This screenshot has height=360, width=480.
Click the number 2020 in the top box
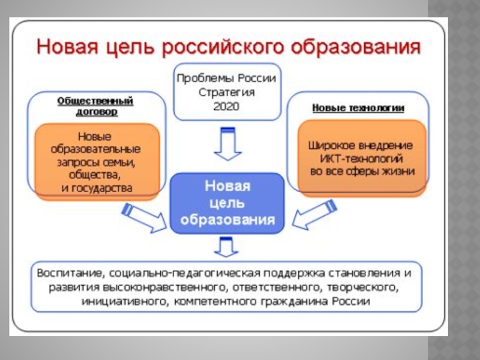click(x=226, y=106)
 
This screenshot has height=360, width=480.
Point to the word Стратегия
click(x=226, y=92)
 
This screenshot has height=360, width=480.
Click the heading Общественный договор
click(x=95, y=106)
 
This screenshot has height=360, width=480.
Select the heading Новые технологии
click(x=358, y=108)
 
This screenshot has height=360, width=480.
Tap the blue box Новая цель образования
click(x=227, y=203)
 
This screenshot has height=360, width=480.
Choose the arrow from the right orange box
click(x=312, y=217)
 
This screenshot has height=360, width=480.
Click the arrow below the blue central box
click(x=227, y=247)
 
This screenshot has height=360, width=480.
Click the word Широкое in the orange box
click(x=329, y=146)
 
